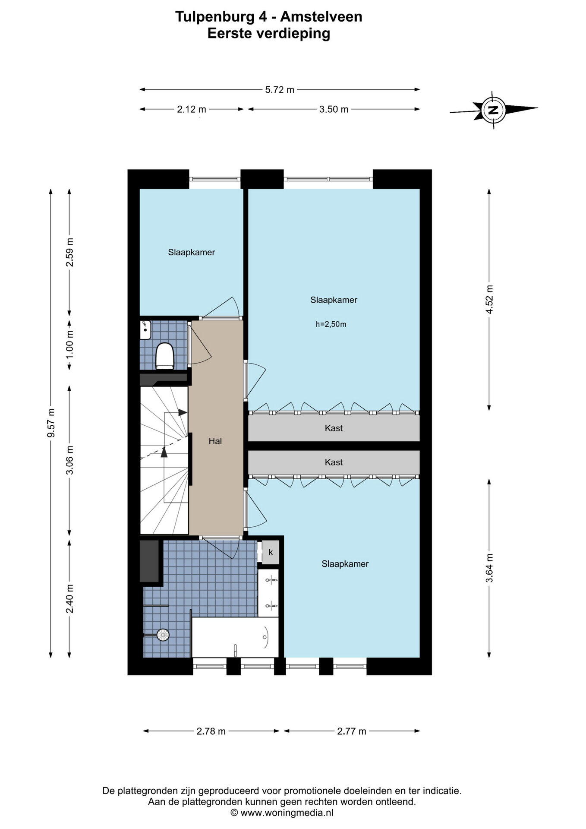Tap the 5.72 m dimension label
280,90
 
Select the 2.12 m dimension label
192,109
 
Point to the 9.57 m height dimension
51,423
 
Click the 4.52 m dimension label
489,300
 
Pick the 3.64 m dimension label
489,568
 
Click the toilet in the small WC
164,356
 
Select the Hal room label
215,441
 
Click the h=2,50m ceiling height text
331,324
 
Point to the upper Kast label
334,428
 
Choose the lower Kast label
334,462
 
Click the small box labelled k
271,552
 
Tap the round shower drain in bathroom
163,635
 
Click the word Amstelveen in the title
321,17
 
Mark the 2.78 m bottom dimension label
211,731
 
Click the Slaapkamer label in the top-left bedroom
192,253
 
